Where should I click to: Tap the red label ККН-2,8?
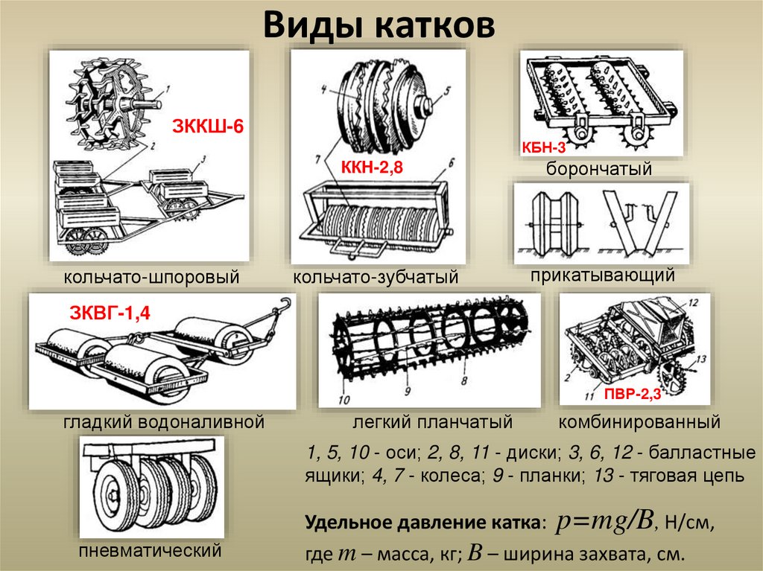pyautogui.click(x=371, y=168)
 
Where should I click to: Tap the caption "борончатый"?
pyautogui.click(x=599, y=169)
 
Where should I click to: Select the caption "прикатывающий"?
pyautogui.click(x=603, y=275)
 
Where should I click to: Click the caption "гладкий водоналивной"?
pyautogui.click(x=164, y=423)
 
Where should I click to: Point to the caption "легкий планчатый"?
pyautogui.click(x=433, y=423)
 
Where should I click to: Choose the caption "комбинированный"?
pyautogui.click(x=639, y=423)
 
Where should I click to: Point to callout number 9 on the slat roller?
pyautogui.click(x=409, y=389)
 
